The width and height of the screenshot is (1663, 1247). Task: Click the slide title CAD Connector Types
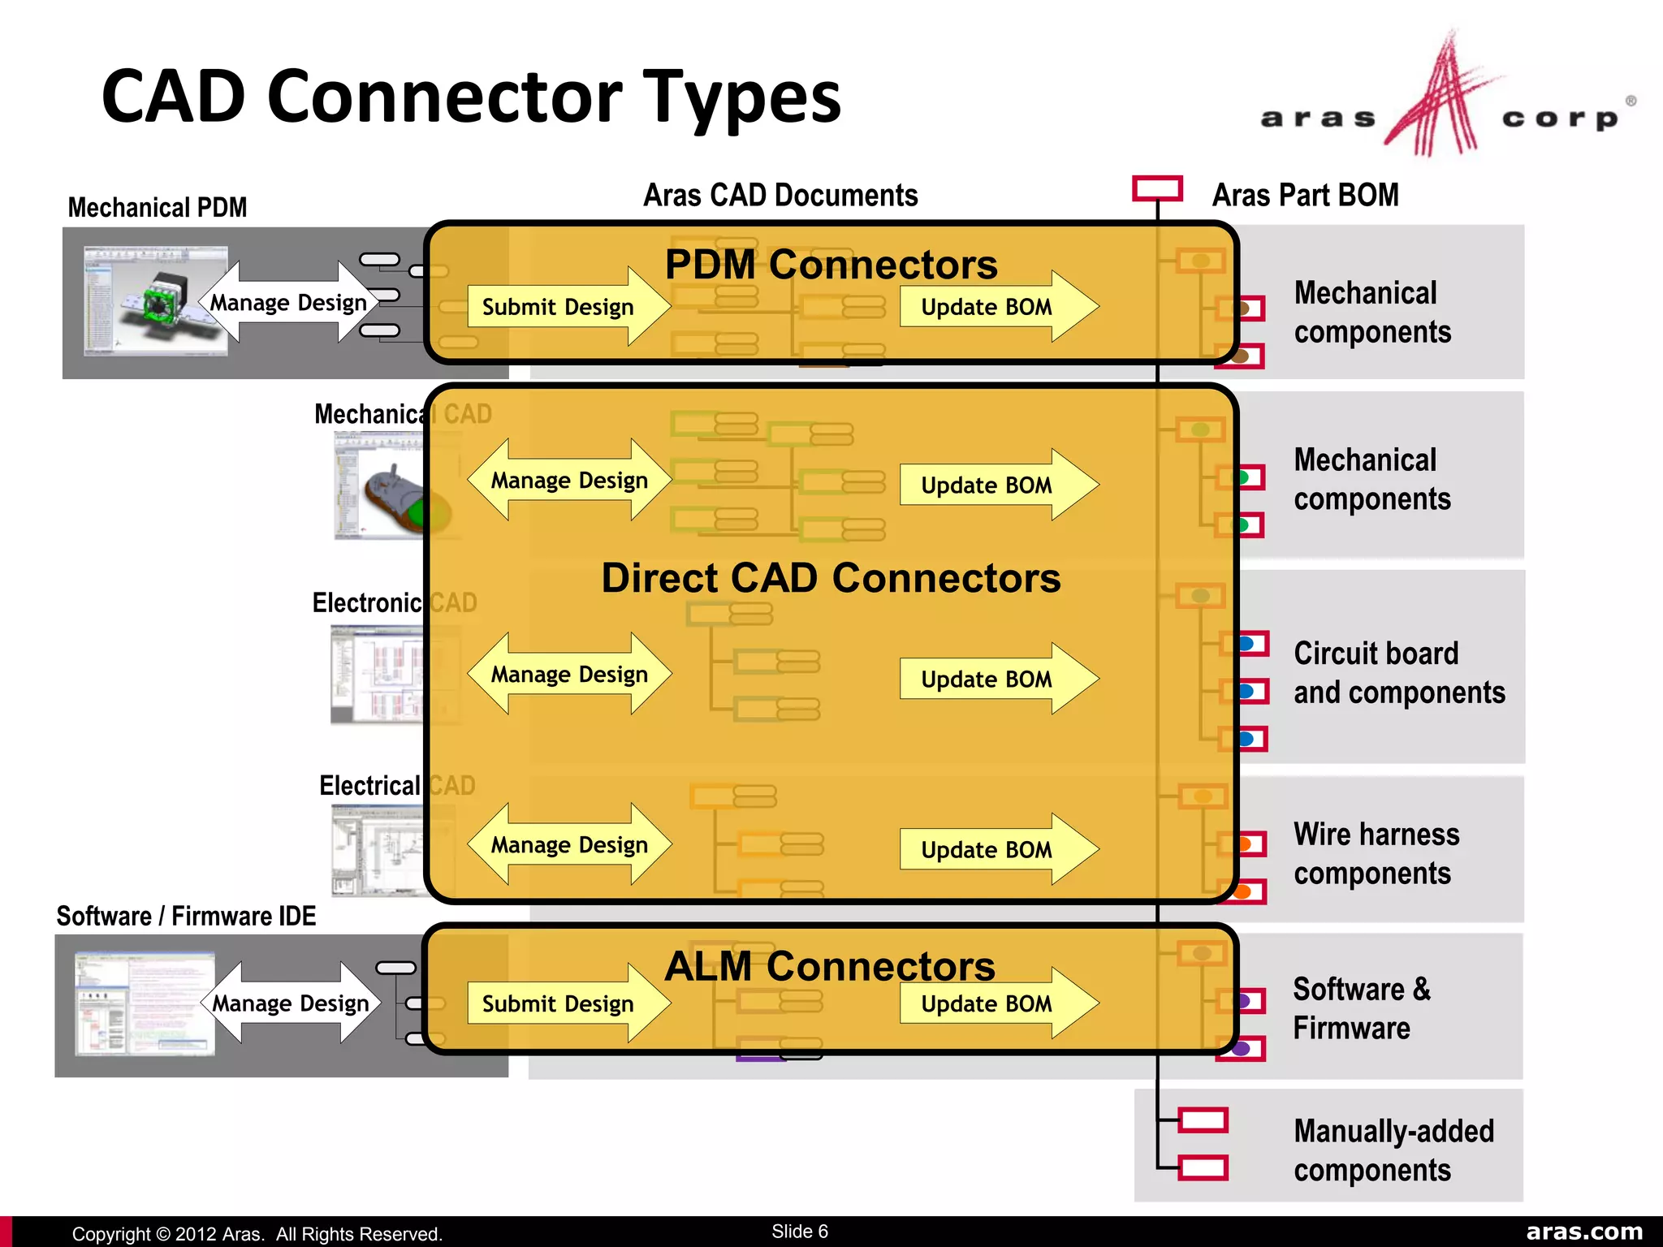click(471, 97)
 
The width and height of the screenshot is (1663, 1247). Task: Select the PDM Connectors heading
click(831, 265)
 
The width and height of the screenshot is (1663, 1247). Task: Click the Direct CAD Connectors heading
click(831, 578)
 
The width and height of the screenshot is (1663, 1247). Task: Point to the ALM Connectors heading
click(830, 966)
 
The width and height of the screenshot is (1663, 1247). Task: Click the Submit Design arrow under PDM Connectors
click(567, 307)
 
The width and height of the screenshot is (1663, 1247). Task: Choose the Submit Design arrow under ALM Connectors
click(567, 1003)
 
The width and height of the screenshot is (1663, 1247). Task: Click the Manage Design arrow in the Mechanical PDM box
click(289, 303)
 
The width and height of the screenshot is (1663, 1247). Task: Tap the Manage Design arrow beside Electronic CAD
click(569, 674)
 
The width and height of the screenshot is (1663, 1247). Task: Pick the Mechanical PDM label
click(158, 208)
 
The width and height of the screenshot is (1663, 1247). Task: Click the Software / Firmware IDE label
click(186, 916)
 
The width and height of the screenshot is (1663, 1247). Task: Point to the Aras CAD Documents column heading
click(780, 196)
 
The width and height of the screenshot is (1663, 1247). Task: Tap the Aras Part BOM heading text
click(1305, 196)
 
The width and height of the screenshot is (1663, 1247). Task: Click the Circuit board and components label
click(1398, 672)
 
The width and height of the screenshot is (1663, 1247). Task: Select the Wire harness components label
click(1376, 853)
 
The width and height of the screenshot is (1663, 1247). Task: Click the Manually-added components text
click(1393, 1150)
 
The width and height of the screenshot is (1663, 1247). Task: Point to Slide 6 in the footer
click(799, 1231)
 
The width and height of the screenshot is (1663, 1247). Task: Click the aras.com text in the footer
click(1583, 1232)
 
